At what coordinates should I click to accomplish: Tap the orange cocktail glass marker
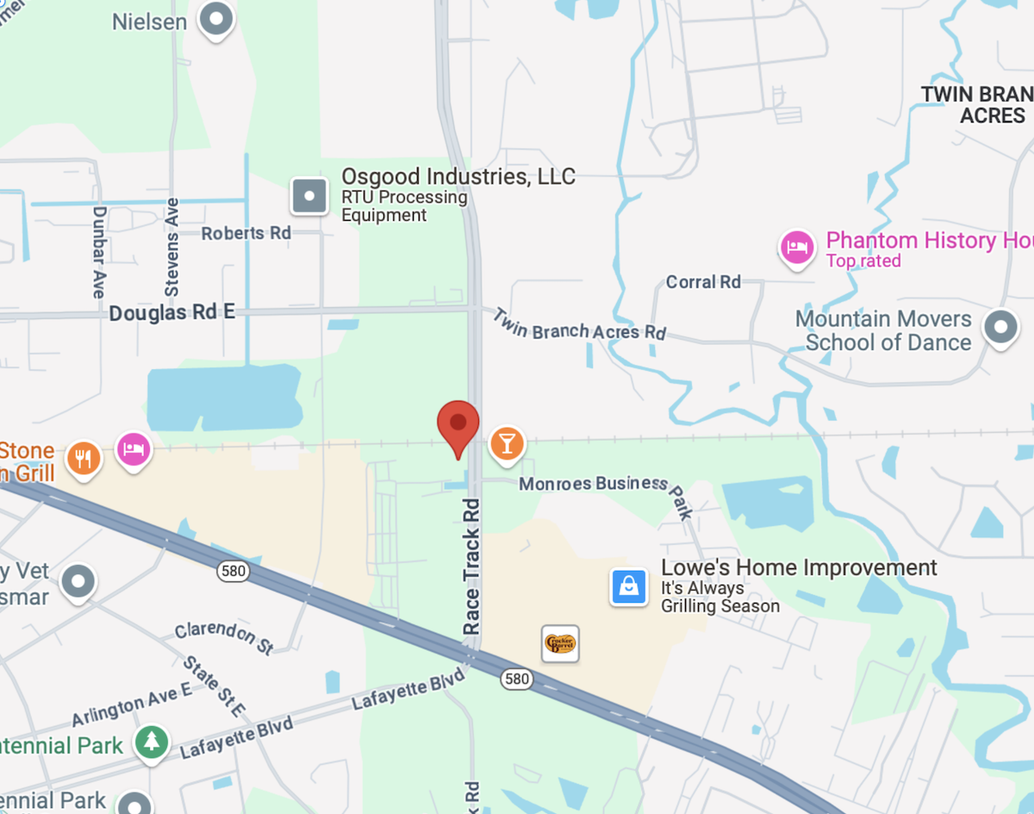coord(507,443)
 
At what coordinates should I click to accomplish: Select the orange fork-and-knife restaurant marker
coord(83,457)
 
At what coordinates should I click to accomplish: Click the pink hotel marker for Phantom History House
coord(797,247)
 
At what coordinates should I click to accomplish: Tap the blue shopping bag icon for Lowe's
coord(629,586)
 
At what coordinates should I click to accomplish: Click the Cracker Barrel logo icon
coord(560,643)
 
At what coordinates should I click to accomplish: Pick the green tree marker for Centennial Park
coord(152,741)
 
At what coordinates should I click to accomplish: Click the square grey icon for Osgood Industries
coord(309,196)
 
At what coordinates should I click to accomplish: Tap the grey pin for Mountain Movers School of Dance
coord(1000,329)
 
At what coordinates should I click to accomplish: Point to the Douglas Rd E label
coord(171,313)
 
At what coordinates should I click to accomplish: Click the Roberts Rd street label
coord(246,233)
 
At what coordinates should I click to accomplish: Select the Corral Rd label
coord(703,282)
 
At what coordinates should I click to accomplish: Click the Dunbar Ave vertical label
coord(99,252)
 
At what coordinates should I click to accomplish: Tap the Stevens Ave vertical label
coord(172,247)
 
